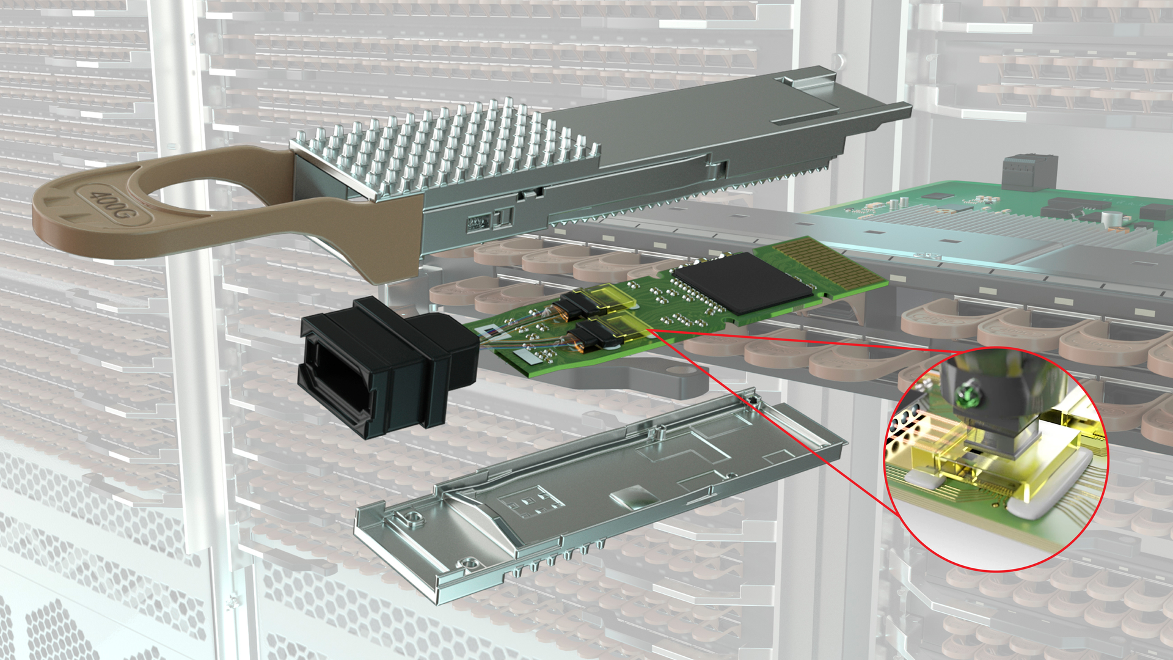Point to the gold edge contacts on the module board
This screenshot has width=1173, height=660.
831,266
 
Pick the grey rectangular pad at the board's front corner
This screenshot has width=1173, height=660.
527,354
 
